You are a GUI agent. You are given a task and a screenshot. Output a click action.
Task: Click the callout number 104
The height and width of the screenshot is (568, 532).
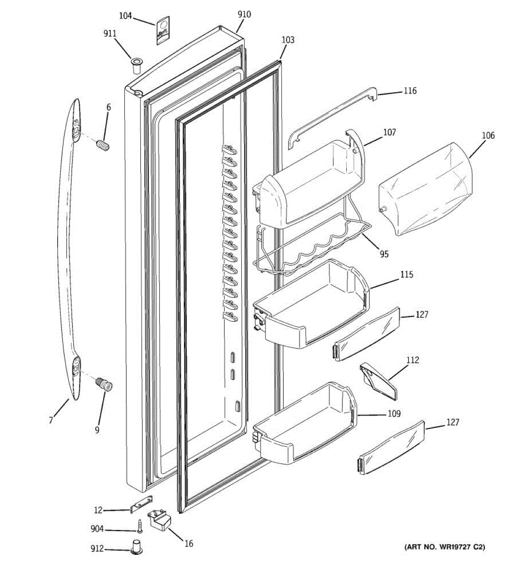click(125, 16)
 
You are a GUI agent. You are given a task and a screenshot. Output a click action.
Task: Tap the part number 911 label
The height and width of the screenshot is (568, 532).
click(110, 34)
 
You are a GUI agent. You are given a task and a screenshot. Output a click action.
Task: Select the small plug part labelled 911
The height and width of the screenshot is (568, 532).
click(137, 65)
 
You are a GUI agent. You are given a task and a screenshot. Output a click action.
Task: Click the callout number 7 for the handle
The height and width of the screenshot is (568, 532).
click(51, 420)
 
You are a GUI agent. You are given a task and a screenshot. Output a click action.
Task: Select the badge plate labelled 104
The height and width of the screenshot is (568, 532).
click(162, 31)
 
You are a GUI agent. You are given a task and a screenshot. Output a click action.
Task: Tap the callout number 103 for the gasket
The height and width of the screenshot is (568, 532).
click(288, 40)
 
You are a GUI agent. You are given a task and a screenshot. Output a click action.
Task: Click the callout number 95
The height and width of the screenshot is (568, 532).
click(384, 254)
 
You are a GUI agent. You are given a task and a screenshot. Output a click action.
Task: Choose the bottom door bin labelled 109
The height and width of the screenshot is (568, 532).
click(305, 426)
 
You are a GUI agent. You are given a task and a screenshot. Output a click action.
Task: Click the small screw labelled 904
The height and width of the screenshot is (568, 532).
click(140, 525)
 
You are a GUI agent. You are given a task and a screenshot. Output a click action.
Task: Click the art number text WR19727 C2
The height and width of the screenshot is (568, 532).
click(445, 547)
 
